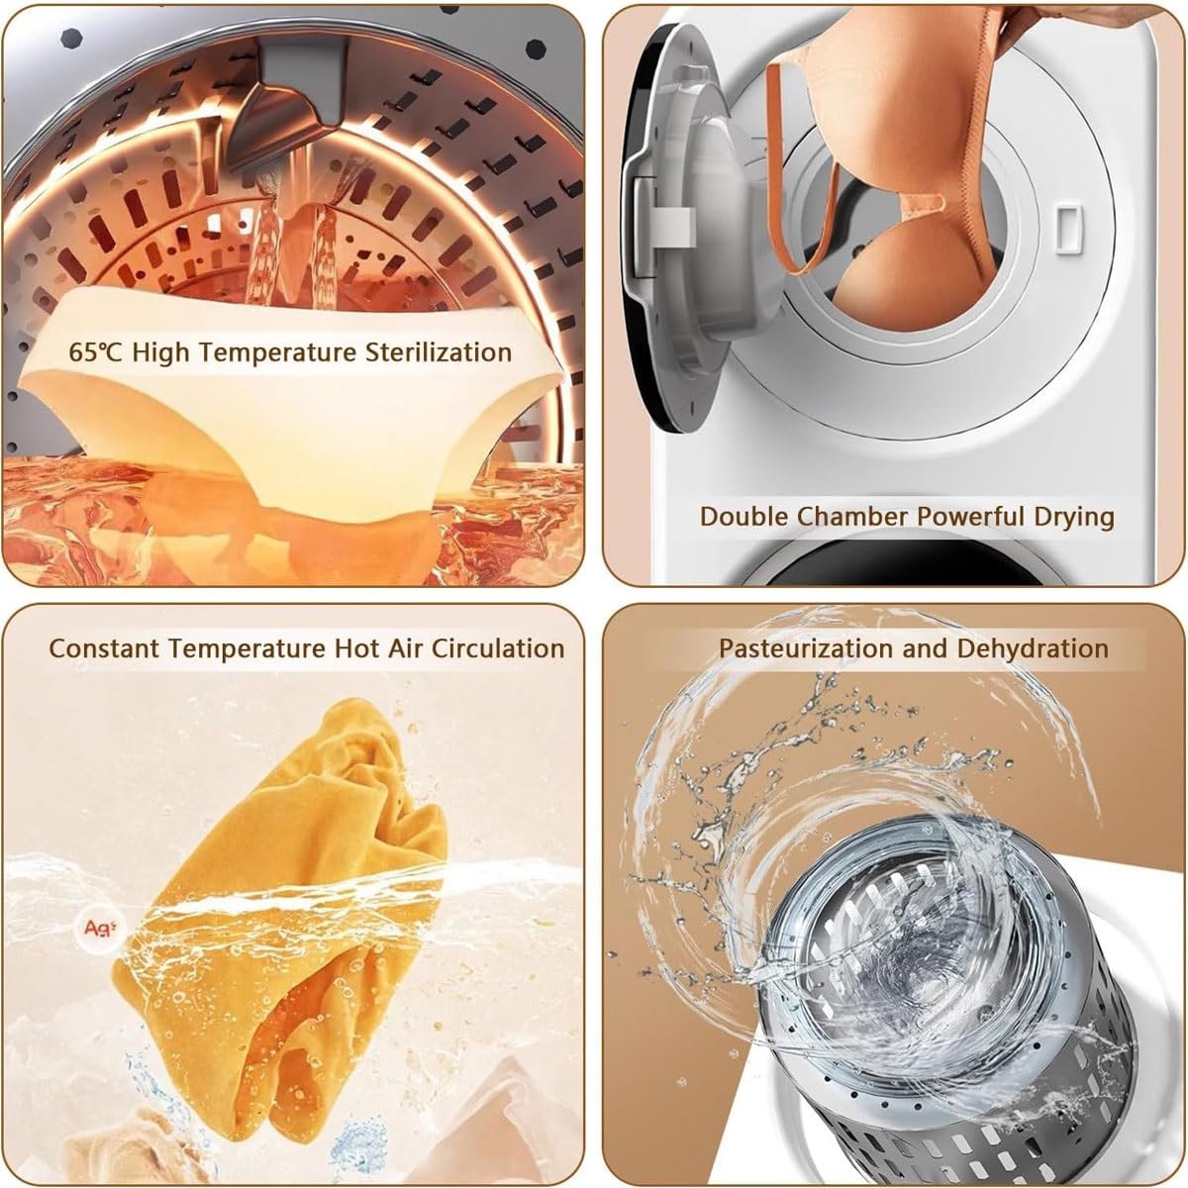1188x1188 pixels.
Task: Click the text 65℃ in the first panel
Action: pos(96,352)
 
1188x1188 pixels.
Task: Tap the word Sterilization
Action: pos(439,352)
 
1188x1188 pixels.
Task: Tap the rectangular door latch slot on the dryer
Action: pos(1067,230)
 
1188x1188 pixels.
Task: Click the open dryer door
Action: pos(669,228)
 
